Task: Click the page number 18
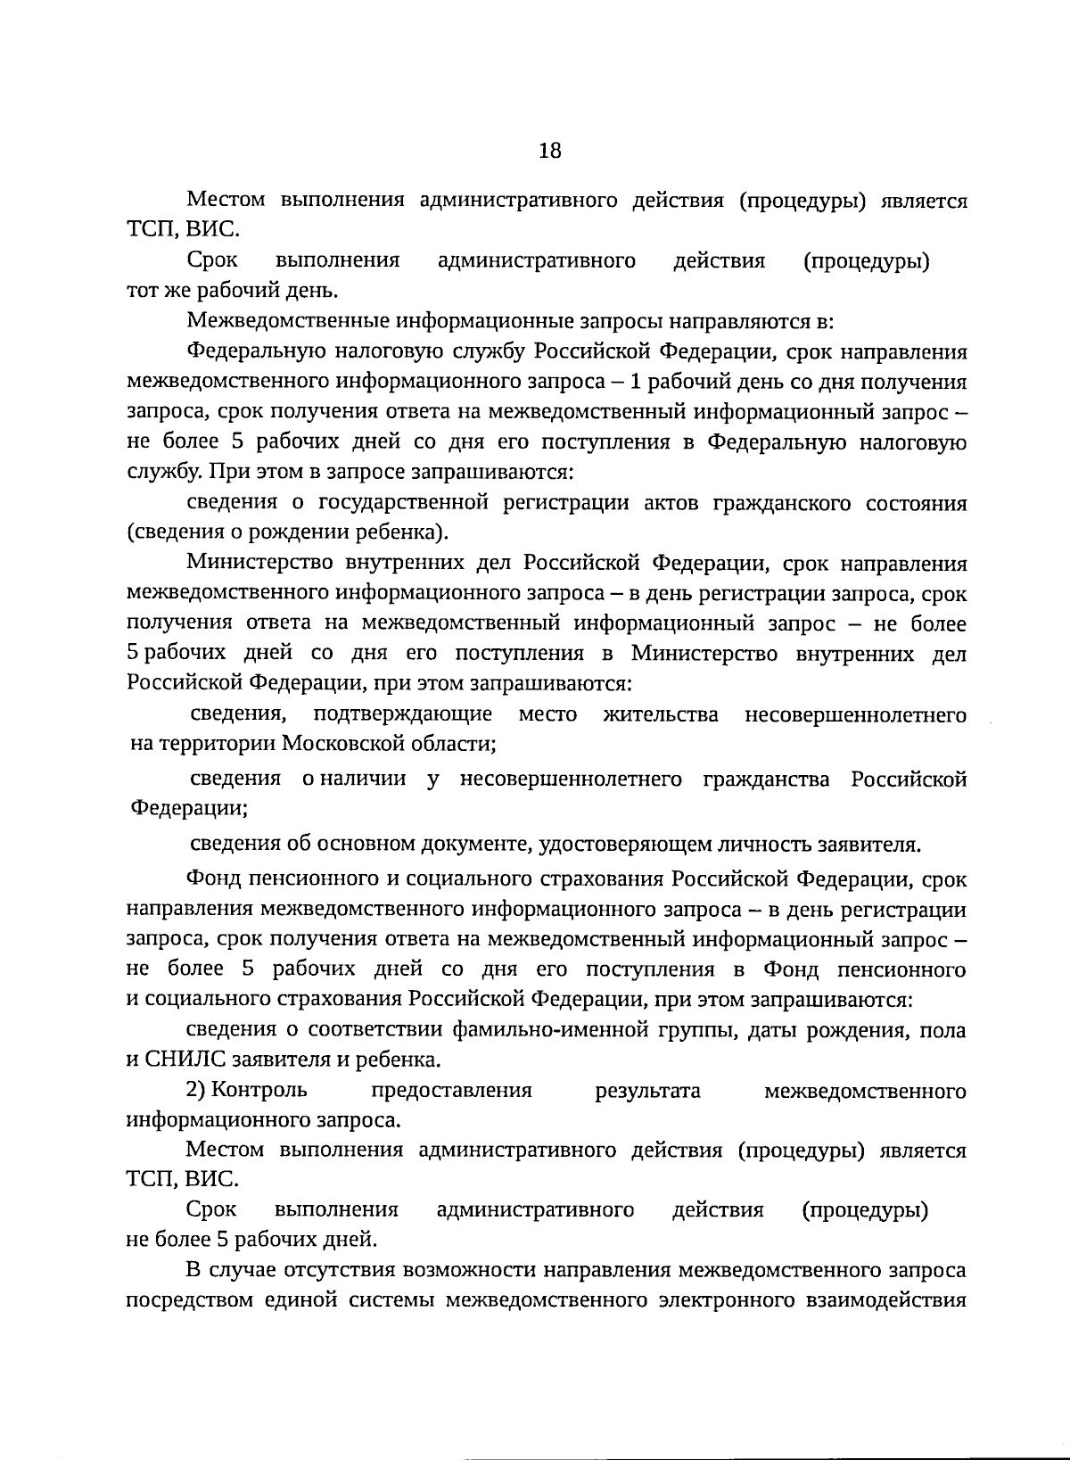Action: coord(550,151)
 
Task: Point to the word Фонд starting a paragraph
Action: coord(210,879)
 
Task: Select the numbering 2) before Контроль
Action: coord(197,1090)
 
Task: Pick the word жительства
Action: coord(661,714)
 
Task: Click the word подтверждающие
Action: coord(403,714)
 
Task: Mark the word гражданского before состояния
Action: coord(778,504)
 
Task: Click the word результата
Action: coord(647,1090)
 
